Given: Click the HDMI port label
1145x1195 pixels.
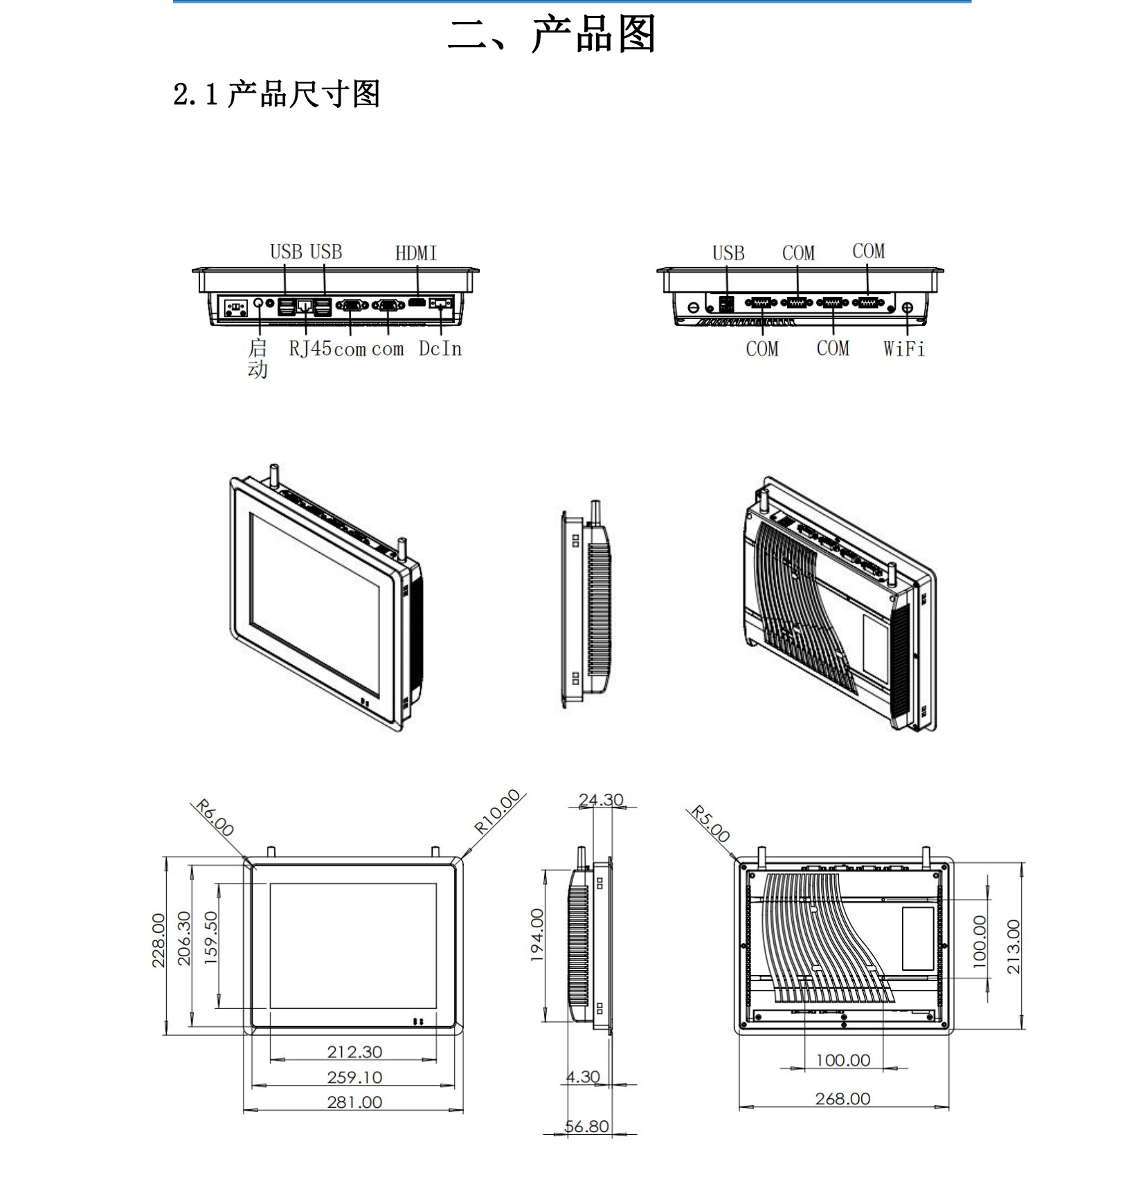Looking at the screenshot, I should pos(416,253).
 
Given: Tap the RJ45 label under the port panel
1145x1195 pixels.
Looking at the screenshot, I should pos(309,349).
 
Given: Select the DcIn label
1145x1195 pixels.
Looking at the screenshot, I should pos(440,349).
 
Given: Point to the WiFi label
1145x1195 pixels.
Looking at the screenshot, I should pos(903,349).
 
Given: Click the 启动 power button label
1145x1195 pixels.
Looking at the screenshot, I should pos(258,358).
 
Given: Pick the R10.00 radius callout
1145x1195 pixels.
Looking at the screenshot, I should pos(496,811).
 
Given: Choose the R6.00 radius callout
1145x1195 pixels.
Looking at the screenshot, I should pos(215,818).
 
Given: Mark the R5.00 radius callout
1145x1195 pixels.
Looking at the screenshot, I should pos(710,824).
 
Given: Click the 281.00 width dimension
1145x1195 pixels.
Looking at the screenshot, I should pos(354,1102).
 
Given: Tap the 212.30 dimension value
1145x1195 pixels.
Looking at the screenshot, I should pos(354,1052).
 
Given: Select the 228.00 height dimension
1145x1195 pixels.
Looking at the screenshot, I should pos(159,940).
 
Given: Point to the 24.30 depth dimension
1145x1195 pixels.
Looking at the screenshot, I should pos(601,800).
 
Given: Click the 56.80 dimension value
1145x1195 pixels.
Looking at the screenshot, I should pos(587,1146).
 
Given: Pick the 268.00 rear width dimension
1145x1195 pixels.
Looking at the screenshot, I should pos(842,1099).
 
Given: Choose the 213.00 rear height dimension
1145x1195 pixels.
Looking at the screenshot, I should pos(1013,947).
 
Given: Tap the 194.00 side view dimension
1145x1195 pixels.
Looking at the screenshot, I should pos(537,935).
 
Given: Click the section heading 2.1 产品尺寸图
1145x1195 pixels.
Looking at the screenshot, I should pos(276,94).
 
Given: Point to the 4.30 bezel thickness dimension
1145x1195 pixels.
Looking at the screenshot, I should pos(583,1077).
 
